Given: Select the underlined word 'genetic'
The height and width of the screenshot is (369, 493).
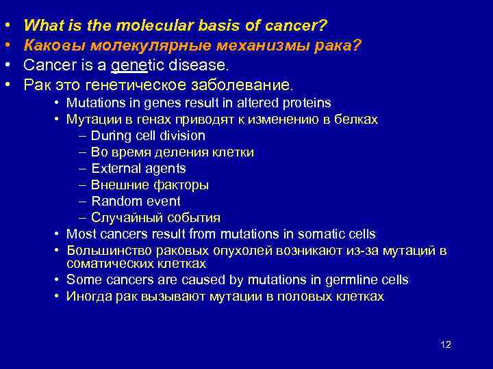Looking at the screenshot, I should point(134,66).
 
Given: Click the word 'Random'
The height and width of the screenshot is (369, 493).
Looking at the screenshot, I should point(115,201).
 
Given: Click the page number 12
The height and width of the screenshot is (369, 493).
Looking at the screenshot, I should point(445,344).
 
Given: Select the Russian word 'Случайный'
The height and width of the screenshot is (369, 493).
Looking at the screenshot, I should point(121,218).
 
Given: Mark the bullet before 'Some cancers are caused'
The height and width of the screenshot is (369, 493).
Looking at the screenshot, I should point(58,279).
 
